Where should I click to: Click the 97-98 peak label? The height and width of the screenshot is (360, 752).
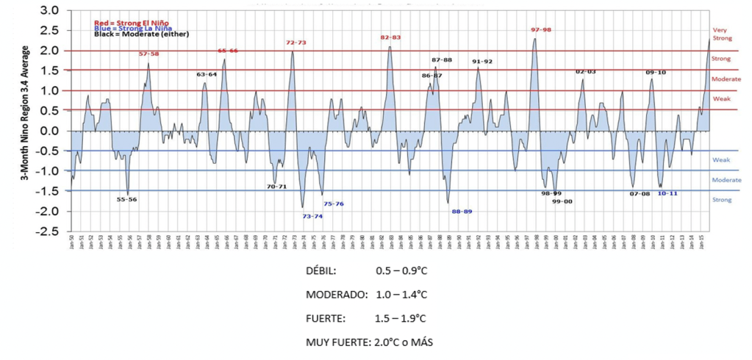point(541,29)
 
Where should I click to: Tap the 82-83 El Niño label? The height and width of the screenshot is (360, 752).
point(390,37)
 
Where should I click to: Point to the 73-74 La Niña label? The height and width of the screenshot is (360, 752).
point(312,216)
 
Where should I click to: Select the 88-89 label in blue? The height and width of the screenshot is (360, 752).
point(462,212)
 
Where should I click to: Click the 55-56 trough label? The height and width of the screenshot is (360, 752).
point(126,199)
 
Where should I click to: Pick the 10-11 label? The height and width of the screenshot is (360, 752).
point(667,193)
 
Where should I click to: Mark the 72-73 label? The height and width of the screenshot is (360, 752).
point(296,43)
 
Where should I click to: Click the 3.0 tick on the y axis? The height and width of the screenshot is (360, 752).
point(49,11)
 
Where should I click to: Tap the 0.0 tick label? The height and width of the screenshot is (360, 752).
point(49,131)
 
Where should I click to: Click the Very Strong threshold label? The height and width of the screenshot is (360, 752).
point(720,34)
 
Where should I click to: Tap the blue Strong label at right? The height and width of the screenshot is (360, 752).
point(721,199)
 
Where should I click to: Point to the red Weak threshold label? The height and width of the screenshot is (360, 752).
point(721,98)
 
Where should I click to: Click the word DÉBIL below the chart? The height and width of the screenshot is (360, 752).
point(321,271)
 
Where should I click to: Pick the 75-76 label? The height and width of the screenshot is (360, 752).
point(334,204)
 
